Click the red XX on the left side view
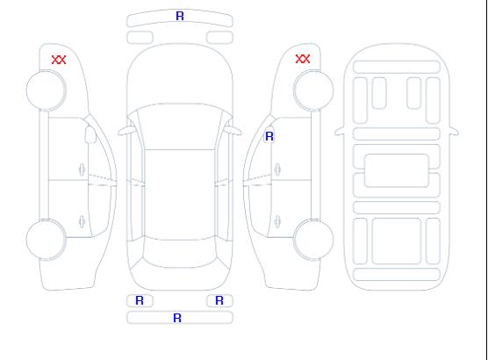click(59, 60)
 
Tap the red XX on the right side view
click(303, 59)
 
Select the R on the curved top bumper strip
click(180, 16)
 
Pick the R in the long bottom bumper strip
click(177, 318)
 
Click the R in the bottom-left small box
click(140, 300)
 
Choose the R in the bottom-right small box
click(219, 300)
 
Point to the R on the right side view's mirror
click(269, 136)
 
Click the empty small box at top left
click(140, 38)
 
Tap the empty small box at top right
click(219, 38)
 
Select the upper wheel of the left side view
click(46, 90)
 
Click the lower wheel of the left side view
click(46, 240)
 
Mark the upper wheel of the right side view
click(313, 90)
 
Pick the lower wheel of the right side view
click(313, 239)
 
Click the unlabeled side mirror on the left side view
click(90, 134)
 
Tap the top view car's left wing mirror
click(126, 131)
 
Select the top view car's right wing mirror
click(233, 131)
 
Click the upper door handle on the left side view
click(82, 169)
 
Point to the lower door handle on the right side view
click(277, 221)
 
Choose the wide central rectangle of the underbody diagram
click(397, 170)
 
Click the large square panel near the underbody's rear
click(397, 241)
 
